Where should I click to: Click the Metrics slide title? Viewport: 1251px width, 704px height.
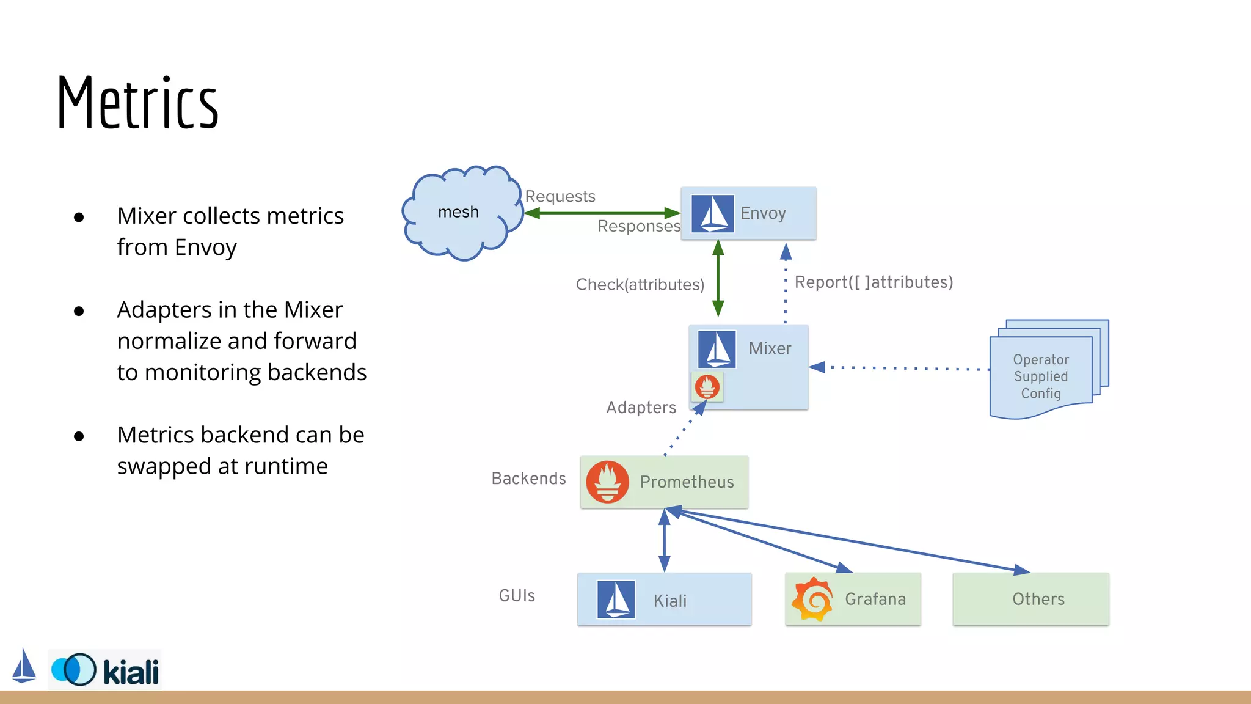pyautogui.click(x=137, y=103)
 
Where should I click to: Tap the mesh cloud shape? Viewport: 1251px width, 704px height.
pyautogui.click(x=461, y=212)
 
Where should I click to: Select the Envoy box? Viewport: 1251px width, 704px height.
pyautogui.click(x=748, y=213)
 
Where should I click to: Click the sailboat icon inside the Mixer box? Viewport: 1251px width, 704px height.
pyautogui.click(x=717, y=349)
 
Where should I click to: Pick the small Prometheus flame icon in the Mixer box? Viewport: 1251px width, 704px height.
pyautogui.click(x=707, y=387)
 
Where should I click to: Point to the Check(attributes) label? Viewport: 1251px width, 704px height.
pyautogui.click(x=640, y=285)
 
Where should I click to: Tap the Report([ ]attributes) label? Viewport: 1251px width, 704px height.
pyautogui.click(x=874, y=282)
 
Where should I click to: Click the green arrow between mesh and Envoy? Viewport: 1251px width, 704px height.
pyautogui.click(x=602, y=213)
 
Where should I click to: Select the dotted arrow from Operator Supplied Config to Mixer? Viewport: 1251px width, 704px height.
pyautogui.click(x=898, y=368)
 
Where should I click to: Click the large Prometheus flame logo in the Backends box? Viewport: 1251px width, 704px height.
pyautogui.click(x=607, y=482)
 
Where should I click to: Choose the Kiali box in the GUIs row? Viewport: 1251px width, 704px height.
pyautogui.click(x=664, y=599)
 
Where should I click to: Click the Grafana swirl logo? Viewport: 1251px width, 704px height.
pyautogui.click(x=812, y=599)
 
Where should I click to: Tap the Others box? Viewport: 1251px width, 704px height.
pyautogui.click(x=1030, y=599)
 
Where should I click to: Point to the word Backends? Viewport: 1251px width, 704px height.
pyautogui.click(x=528, y=479)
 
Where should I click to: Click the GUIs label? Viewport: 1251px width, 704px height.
pyautogui.click(x=517, y=596)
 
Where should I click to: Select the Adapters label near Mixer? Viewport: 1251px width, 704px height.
pyautogui.click(x=641, y=408)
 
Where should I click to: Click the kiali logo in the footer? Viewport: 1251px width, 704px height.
pyautogui.click(x=105, y=670)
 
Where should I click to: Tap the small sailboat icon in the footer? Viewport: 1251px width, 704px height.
pyautogui.click(x=24, y=666)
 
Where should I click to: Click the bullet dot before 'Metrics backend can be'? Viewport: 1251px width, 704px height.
pyautogui.click(x=79, y=436)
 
